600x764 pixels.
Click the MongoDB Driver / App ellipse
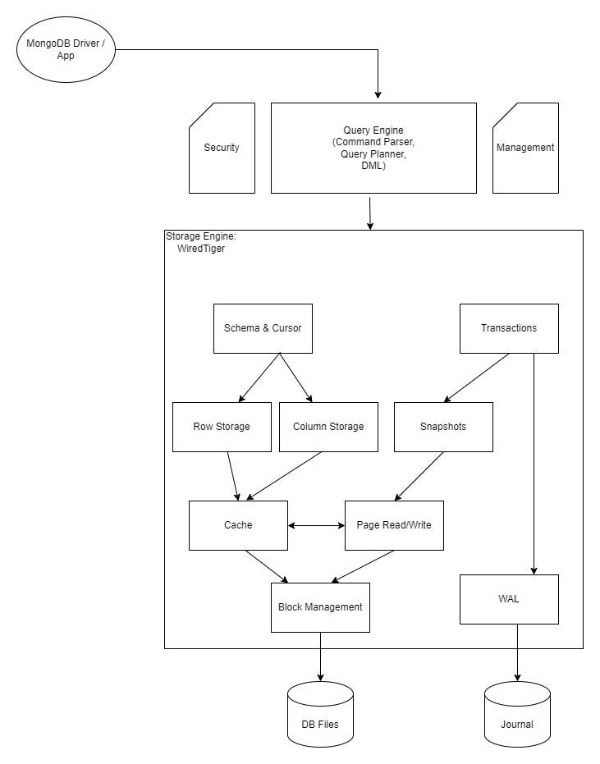[x=66, y=50]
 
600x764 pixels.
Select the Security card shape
[x=222, y=148]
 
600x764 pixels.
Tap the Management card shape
[x=525, y=148]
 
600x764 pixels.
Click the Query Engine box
[x=373, y=148]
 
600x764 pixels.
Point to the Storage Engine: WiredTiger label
[x=201, y=242]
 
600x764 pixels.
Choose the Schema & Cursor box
[x=263, y=328]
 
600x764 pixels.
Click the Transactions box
[x=509, y=328]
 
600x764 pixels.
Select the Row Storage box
[x=222, y=427]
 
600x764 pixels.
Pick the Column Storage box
[x=328, y=427]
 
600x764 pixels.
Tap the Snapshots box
[x=443, y=427]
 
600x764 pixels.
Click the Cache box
[x=238, y=525]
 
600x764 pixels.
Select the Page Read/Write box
[x=394, y=525]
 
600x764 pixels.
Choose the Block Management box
[x=320, y=607]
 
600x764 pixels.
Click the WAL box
[x=509, y=599]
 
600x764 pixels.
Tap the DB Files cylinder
[x=320, y=714]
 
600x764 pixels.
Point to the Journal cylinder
[x=517, y=714]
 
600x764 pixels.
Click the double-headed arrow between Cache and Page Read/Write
[x=316, y=525]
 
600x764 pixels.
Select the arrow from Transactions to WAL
[x=534, y=464]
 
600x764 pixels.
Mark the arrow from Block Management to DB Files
[x=320, y=656]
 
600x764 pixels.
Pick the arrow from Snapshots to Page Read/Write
[x=419, y=476]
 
